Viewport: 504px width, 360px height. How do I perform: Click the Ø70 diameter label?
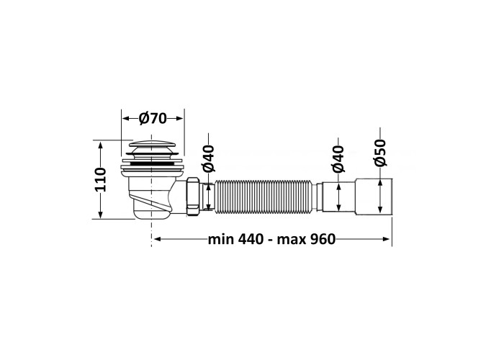153,119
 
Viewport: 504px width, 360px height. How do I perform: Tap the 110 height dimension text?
100,180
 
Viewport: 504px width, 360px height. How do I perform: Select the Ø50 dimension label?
380,153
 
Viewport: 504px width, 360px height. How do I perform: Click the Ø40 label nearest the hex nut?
208,158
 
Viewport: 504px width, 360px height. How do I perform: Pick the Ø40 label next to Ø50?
338,159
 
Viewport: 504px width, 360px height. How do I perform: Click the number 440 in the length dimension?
251,240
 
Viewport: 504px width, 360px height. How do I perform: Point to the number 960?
323,240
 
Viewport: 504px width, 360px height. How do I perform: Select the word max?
292,240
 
